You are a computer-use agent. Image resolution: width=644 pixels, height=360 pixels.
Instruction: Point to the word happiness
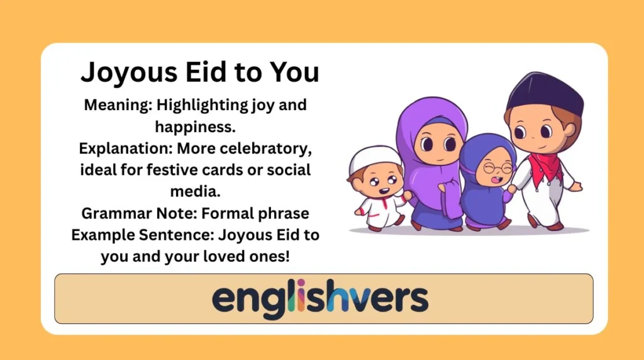[x=195, y=127]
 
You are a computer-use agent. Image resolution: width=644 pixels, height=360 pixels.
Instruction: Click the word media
[x=195, y=191]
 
